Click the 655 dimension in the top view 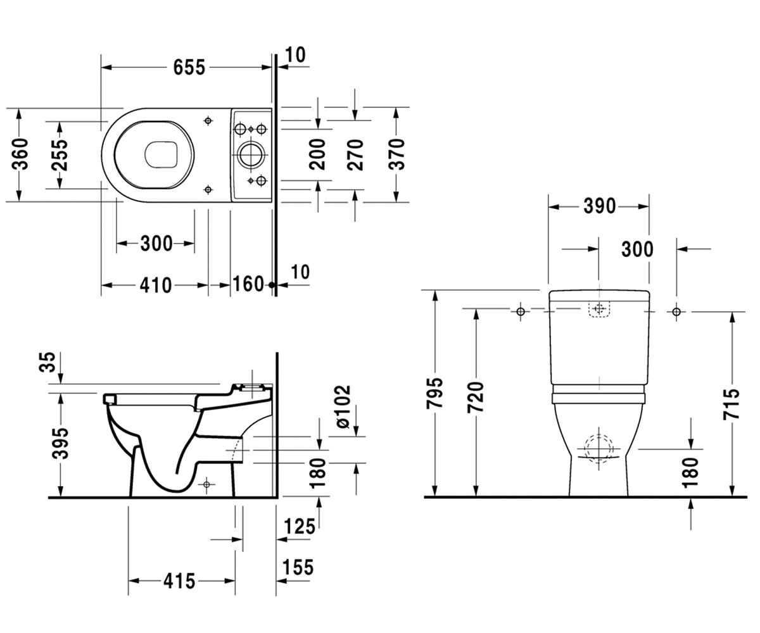click(x=189, y=67)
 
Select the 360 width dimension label click(x=20, y=154)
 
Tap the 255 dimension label click(x=60, y=155)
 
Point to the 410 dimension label click(x=155, y=285)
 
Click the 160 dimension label click(x=248, y=284)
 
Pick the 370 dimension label click(x=396, y=154)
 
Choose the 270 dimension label click(x=355, y=154)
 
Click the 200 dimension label click(x=317, y=154)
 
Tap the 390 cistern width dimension click(x=600, y=206)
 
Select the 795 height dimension click(x=435, y=393)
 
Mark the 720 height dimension click(x=476, y=397)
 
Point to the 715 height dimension click(x=731, y=404)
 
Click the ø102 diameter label click(x=343, y=407)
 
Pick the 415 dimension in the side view click(x=179, y=581)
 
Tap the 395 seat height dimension click(x=60, y=443)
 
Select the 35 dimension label click(x=47, y=362)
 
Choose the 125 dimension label click(x=299, y=527)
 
